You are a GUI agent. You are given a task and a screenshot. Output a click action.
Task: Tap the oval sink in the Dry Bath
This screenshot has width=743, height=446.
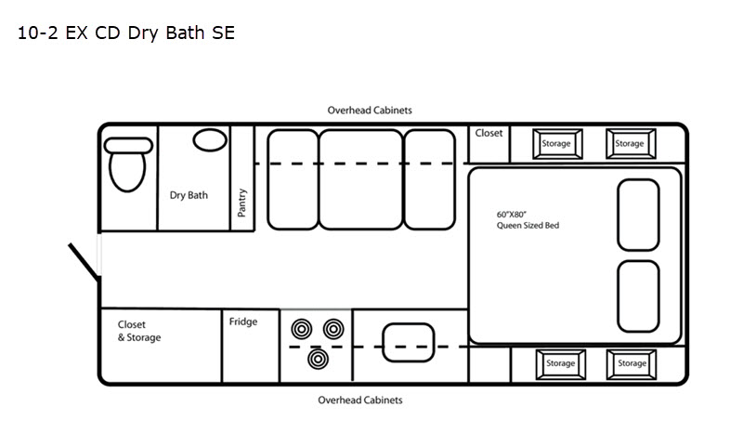click(210, 140)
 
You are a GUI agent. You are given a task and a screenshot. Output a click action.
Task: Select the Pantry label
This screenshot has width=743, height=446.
click(241, 203)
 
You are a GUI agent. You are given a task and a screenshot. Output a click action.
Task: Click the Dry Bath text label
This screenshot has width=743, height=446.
click(189, 195)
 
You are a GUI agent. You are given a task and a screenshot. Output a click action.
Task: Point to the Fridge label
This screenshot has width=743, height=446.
click(243, 321)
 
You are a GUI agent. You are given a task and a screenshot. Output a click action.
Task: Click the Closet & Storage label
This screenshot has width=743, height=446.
click(138, 331)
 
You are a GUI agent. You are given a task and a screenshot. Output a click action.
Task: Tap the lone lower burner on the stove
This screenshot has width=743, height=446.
click(318, 360)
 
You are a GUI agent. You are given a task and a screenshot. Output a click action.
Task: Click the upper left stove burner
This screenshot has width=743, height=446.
click(301, 329)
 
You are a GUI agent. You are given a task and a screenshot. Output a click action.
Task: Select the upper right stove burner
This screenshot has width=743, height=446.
click(333, 328)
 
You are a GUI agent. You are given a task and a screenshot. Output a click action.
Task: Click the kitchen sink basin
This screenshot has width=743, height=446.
click(408, 342)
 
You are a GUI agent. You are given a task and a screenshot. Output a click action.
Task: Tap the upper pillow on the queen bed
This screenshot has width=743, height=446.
click(638, 215)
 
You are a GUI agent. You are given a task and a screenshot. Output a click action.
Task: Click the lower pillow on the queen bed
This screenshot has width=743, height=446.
click(638, 296)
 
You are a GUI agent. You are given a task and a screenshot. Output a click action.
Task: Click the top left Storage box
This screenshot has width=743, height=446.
click(557, 144)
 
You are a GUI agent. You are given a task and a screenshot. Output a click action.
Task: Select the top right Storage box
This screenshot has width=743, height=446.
click(631, 144)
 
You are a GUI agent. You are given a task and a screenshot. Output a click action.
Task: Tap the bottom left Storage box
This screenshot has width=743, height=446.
click(561, 364)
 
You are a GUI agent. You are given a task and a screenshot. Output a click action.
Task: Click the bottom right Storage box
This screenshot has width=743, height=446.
click(632, 364)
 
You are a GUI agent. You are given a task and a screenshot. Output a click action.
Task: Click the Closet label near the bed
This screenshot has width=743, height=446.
click(489, 133)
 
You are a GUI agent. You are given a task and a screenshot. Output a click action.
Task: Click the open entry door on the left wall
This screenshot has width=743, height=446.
click(84, 260)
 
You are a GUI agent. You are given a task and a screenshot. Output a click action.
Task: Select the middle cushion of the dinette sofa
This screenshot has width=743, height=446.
click(360, 179)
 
